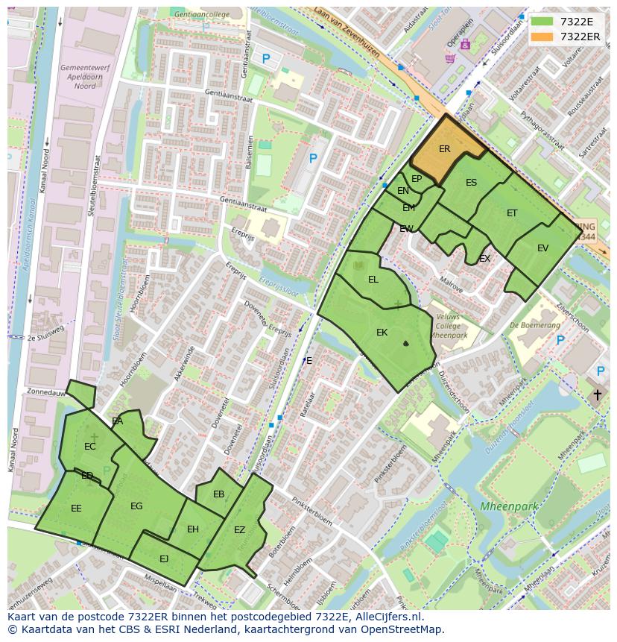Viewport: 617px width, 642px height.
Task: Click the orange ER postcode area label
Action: pos(444,149)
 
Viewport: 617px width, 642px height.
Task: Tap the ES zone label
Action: pos(471,183)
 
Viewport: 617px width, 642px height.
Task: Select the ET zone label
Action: pos(512,213)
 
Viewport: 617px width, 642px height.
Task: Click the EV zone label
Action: pos(542,248)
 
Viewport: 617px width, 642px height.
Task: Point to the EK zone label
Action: pos(382,333)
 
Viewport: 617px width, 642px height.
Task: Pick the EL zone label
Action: pos(373,280)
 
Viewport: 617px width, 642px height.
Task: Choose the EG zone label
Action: pos(136,506)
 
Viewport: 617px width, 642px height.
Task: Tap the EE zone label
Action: pos(76,509)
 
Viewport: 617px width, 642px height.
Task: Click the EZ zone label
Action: pos(239,530)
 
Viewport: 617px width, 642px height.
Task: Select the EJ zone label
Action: pos(164,558)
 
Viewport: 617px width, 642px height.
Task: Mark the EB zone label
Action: pos(218,494)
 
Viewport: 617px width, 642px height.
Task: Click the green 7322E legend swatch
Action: pos(542,22)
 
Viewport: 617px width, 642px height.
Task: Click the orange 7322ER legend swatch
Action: pos(542,37)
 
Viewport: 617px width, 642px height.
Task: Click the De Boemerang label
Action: pos(535,326)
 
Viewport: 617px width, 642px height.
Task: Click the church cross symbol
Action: pos(597,394)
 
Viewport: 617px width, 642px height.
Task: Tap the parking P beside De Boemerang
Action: pos(560,341)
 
